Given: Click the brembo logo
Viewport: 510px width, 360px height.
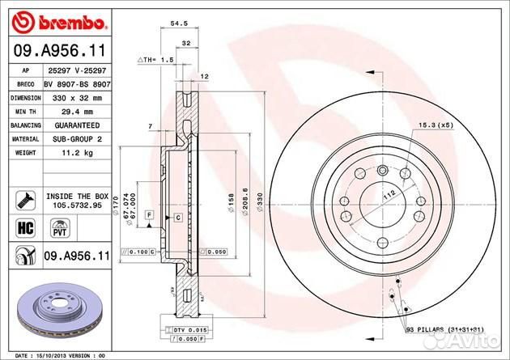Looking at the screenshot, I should pos(52,19).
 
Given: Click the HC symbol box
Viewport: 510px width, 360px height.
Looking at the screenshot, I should pos(23,227).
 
